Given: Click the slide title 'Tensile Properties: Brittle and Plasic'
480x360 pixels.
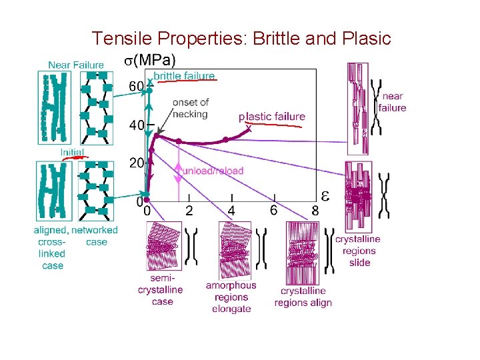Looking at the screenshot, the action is [241, 39].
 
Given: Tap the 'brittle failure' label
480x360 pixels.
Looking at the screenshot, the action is [184, 76].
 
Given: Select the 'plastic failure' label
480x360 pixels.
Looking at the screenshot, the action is [272, 117].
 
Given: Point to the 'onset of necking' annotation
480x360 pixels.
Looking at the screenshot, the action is [190, 108].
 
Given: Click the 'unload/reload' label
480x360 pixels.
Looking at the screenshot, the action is [213, 171].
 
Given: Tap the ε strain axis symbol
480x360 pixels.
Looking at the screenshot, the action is [325, 195].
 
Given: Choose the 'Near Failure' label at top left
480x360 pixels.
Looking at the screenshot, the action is [76, 65].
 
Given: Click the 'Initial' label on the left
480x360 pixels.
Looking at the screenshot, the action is [72, 153].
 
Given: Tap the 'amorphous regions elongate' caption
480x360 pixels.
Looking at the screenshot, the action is [231, 297].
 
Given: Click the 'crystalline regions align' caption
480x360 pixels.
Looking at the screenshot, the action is [303, 297].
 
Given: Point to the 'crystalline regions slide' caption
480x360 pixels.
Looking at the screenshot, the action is [358, 251].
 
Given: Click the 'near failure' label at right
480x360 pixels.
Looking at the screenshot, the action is [392, 102].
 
